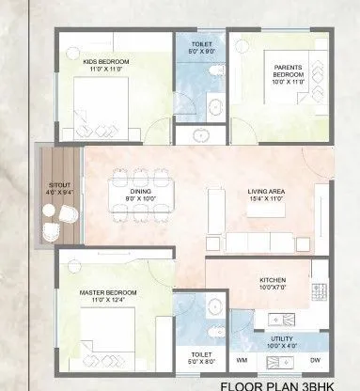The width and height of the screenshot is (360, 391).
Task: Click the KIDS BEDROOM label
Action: point(105,61)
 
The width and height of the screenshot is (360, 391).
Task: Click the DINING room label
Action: point(142,192)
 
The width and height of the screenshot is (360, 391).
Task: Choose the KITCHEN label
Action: point(273,281)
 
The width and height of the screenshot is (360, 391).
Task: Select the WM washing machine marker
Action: point(242,359)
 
